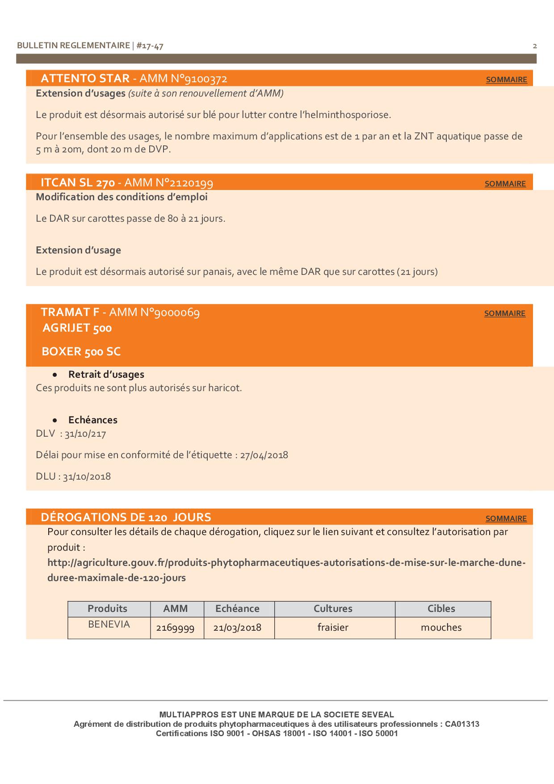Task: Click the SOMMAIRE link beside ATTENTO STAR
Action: point(506,80)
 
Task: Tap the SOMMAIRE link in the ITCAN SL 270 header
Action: point(505,184)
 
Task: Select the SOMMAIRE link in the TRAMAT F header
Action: point(505,313)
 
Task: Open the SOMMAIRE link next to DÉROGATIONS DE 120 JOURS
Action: point(506,518)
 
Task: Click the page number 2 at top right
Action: point(535,46)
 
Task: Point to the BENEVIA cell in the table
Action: point(109,624)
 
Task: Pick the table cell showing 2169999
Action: point(175,628)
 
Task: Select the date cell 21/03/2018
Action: point(237,628)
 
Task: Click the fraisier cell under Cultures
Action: point(333,628)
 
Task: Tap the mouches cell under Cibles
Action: point(441,628)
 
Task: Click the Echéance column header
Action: point(237,609)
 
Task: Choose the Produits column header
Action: point(107,609)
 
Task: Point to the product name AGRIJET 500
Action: point(77,328)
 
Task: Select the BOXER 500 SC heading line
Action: point(81,352)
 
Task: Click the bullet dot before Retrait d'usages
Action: point(55,375)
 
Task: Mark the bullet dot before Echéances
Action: point(55,420)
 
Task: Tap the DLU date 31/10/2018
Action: point(87,476)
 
